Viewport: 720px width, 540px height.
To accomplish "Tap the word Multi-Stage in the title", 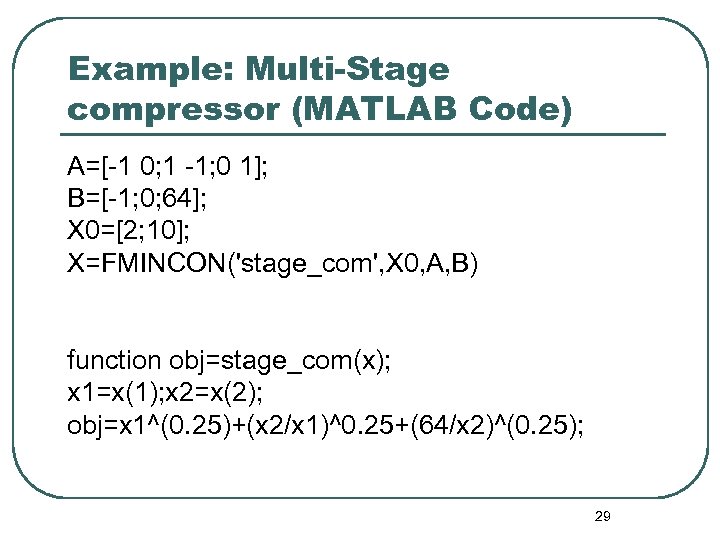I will point(348,71).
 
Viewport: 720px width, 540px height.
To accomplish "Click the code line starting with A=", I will point(166,165).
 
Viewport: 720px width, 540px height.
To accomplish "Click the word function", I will point(114,360).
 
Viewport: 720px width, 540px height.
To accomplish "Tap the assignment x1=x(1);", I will point(113,393).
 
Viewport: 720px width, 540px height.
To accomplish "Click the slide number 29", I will point(602,516).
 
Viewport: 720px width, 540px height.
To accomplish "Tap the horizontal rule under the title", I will point(365,134).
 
